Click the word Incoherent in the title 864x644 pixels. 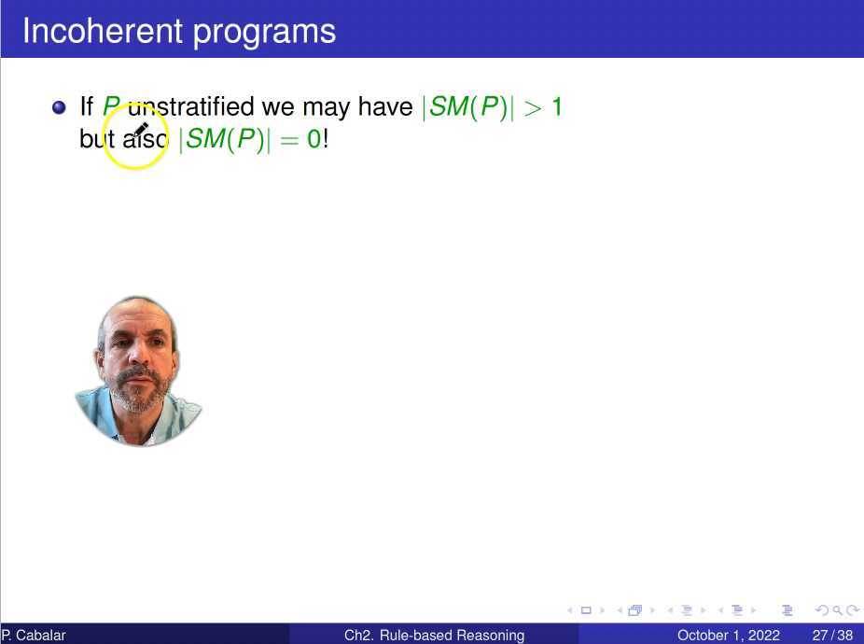point(103,31)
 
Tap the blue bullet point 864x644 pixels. point(59,107)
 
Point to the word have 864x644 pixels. point(385,106)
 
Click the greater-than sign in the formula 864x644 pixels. point(533,107)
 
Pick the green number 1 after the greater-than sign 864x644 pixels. point(557,107)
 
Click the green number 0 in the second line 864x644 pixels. point(314,139)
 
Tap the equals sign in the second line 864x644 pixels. point(289,140)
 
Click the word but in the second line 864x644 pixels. point(97,138)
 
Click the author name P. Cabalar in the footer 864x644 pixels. point(33,636)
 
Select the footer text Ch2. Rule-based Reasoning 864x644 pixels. point(434,636)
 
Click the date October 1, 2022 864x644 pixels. point(729,636)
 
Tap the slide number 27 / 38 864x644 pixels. point(832,636)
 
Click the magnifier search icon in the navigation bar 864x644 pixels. point(837,610)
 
